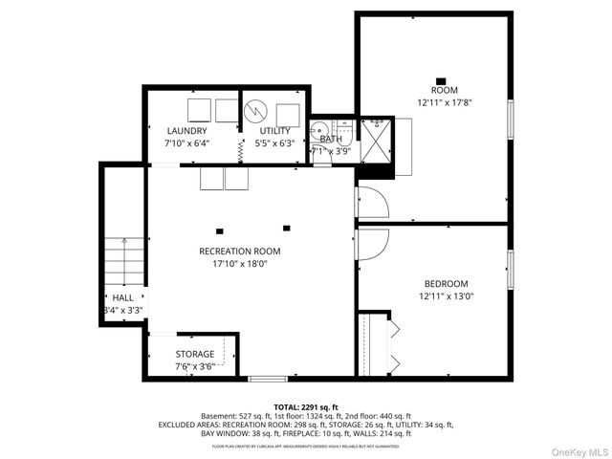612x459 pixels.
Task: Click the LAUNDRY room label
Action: (x=186, y=131)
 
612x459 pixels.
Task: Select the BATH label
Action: (x=331, y=140)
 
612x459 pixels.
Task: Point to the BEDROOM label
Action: (x=446, y=283)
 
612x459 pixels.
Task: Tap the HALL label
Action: (x=122, y=298)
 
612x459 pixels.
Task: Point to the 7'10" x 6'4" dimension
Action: (x=186, y=143)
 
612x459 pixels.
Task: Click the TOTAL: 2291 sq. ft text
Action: (x=306, y=406)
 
